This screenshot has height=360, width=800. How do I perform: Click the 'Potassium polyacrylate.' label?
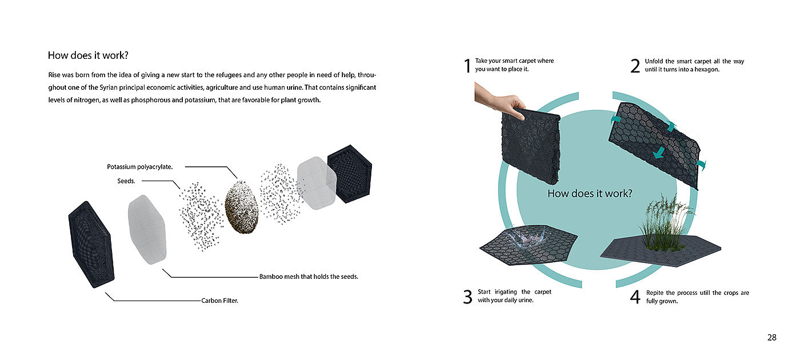[139, 167]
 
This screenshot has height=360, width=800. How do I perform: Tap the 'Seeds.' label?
[126, 181]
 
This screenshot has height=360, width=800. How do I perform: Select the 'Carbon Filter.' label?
[219, 301]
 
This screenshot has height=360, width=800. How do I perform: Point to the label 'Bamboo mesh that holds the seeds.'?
[309, 277]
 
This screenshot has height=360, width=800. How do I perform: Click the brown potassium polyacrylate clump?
[241, 207]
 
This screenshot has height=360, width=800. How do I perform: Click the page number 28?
[772, 338]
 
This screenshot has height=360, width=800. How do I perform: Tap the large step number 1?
[467, 66]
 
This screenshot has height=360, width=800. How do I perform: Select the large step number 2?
[635, 66]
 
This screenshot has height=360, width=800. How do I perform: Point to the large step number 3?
[467, 297]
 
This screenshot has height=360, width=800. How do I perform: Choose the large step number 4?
[635, 297]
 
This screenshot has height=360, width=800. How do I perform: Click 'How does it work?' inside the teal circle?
[590, 194]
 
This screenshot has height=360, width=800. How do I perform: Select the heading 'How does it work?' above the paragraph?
[88, 55]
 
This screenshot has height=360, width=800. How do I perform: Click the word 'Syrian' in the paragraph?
[108, 87]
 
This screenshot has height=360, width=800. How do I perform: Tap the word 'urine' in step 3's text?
[525, 300]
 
